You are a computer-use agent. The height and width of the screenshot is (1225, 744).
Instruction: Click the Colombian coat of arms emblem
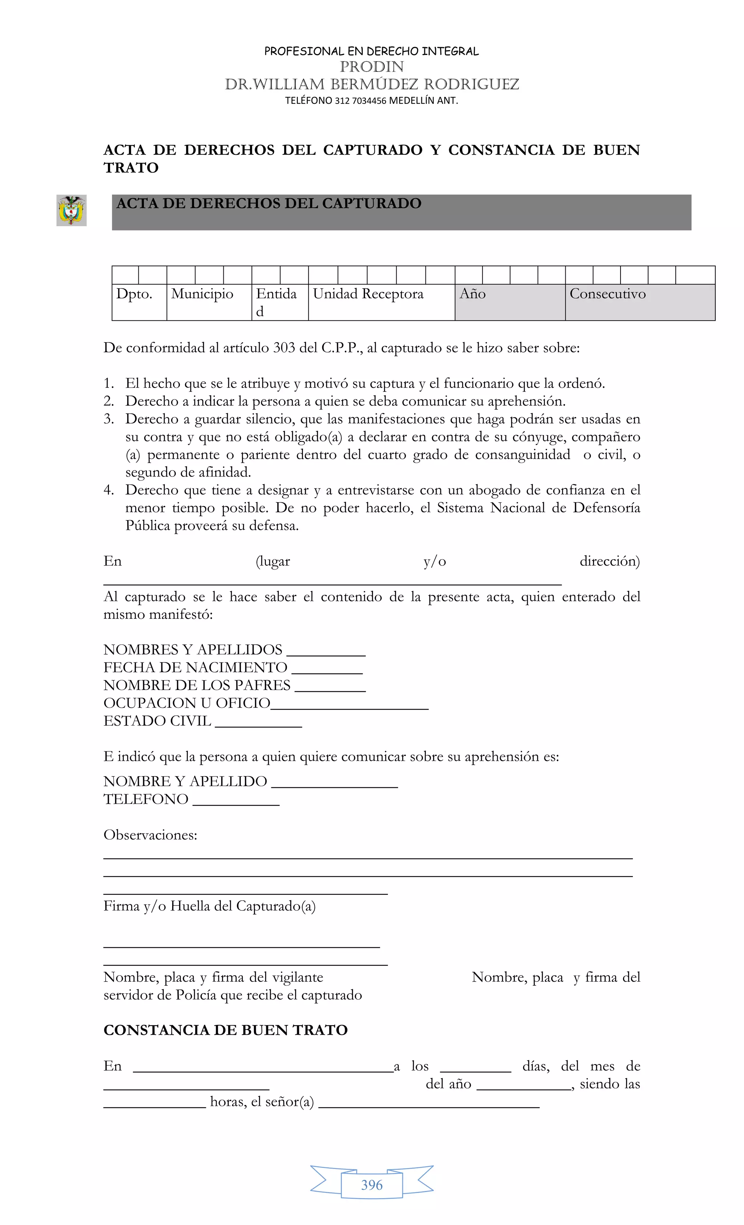[72, 210]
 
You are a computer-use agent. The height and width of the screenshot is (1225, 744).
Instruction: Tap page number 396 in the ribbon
[372, 1185]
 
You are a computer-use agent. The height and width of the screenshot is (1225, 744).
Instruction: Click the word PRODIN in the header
[372, 66]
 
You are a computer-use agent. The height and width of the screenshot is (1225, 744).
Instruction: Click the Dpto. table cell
[139, 302]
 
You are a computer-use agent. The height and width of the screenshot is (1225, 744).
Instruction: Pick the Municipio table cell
[209, 302]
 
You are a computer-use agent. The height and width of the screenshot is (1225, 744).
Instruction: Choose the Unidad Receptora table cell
[381, 302]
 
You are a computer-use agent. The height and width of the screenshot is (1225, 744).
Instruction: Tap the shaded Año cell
[509, 302]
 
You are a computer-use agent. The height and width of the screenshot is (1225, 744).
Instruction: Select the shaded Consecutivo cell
[640, 302]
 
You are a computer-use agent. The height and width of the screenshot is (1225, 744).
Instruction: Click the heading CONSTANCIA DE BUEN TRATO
[225, 1030]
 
